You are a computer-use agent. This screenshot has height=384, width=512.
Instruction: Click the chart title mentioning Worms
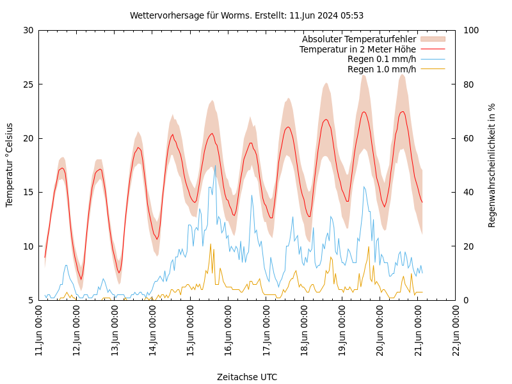pos(246,15)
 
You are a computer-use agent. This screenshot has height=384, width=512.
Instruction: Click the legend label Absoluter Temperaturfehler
pos(358,39)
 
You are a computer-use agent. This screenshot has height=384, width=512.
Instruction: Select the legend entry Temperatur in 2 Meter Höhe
pos(357,49)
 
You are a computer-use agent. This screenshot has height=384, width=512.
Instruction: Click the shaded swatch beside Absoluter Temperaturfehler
pos(432,39)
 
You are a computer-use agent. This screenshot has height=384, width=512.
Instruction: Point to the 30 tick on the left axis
pos(28,30)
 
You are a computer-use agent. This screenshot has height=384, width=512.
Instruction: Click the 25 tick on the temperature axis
pos(28,84)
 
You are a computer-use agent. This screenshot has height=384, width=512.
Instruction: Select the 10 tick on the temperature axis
pos(28,246)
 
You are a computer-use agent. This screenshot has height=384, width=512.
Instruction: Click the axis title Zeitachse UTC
pos(247,377)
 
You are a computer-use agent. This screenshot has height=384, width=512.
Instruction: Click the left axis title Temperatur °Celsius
pos(10,164)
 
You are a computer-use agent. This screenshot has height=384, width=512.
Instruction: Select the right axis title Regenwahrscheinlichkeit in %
pos(492,164)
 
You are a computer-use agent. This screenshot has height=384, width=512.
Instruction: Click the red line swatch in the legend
pos(432,49)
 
